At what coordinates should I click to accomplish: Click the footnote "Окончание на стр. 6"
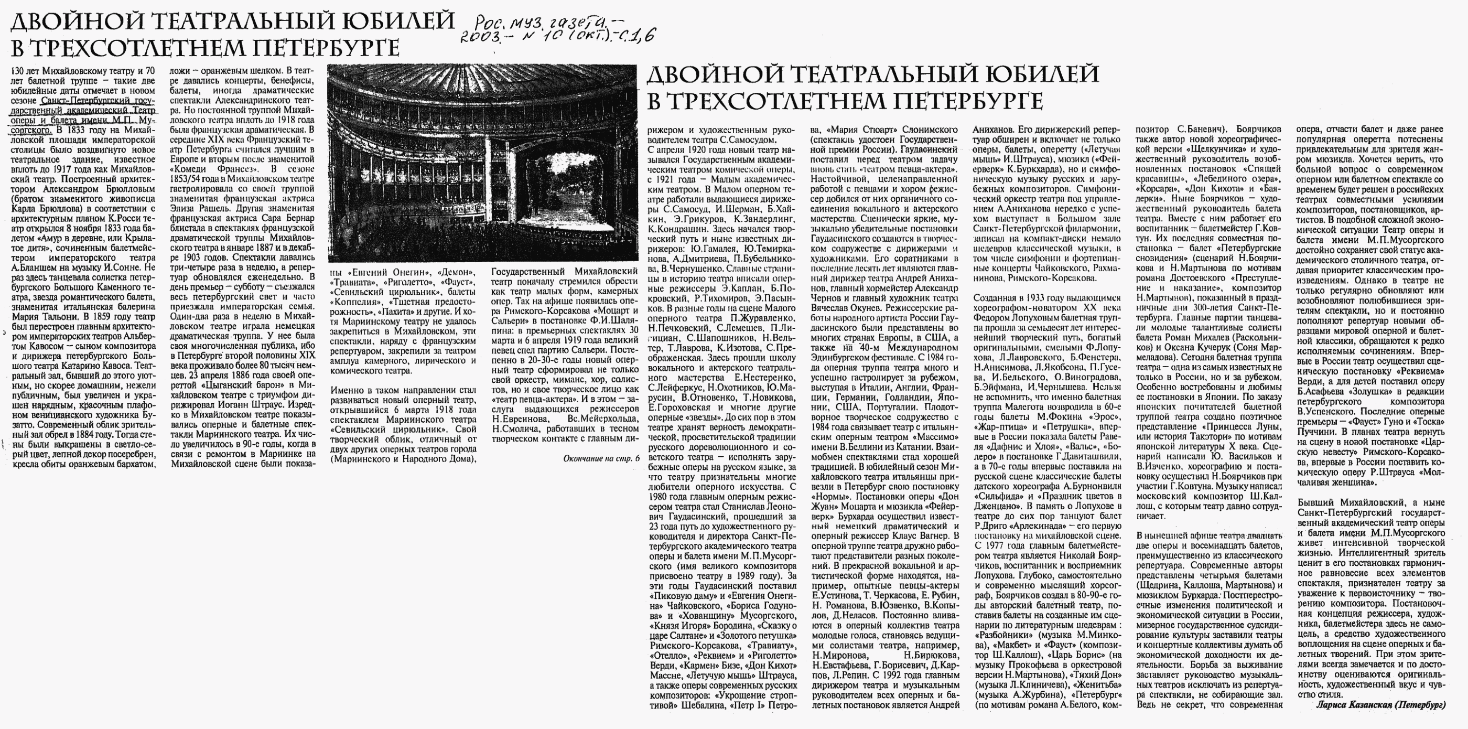click(601, 458)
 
